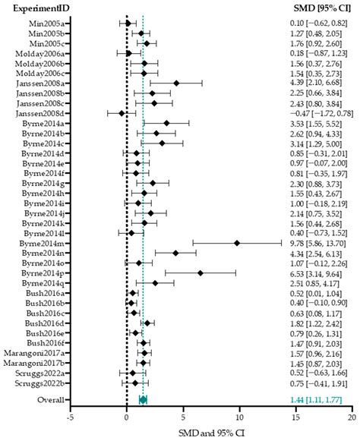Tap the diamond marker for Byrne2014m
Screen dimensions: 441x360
coord(237,243)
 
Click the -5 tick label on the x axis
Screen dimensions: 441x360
coord(70,416)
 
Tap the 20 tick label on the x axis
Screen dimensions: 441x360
coord(352,416)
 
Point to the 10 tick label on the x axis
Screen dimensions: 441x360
coord(239,416)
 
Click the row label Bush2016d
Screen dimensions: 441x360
coord(44,323)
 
